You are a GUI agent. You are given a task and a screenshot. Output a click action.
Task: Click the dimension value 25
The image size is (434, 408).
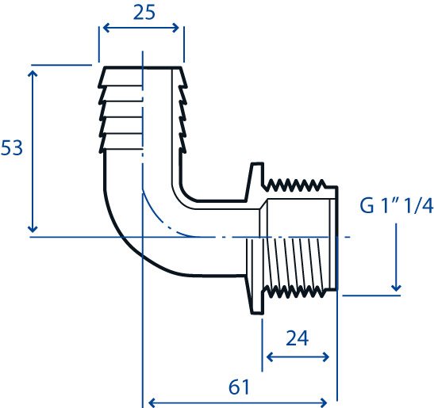(144, 13)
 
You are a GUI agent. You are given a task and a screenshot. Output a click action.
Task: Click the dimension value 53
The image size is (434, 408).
(12, 147)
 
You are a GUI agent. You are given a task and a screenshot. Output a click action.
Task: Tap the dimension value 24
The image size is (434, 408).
(297, 338)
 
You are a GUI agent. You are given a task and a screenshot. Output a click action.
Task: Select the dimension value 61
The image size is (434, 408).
(239, 387)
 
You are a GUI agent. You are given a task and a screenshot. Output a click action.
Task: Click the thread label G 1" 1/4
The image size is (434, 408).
(396, 206)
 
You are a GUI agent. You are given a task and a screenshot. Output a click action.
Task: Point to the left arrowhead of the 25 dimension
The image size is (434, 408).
(106, 28)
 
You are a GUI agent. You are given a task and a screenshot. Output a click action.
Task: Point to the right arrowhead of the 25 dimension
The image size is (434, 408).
(175, 28)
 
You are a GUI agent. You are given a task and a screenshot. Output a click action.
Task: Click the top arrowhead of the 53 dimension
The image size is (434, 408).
(33, 74)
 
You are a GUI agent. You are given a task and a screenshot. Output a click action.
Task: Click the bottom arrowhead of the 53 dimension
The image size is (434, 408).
(33, 229)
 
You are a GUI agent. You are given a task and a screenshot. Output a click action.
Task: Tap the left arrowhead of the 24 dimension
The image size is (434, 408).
(270, 357)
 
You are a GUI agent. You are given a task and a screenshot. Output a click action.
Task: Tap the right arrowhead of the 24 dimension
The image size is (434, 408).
(325, 357)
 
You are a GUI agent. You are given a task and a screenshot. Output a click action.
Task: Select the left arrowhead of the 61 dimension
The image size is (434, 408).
(152, 402)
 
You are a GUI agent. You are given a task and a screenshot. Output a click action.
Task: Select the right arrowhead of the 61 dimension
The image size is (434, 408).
(324, 402)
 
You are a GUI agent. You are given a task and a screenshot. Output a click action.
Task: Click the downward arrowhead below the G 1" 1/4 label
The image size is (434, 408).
(397, 288)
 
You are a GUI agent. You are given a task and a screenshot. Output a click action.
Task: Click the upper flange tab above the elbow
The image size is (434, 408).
(256, 181)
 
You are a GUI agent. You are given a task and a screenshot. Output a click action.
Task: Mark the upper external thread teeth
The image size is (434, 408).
(294, 185)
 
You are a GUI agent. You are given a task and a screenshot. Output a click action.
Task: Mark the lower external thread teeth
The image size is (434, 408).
(294, 292)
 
